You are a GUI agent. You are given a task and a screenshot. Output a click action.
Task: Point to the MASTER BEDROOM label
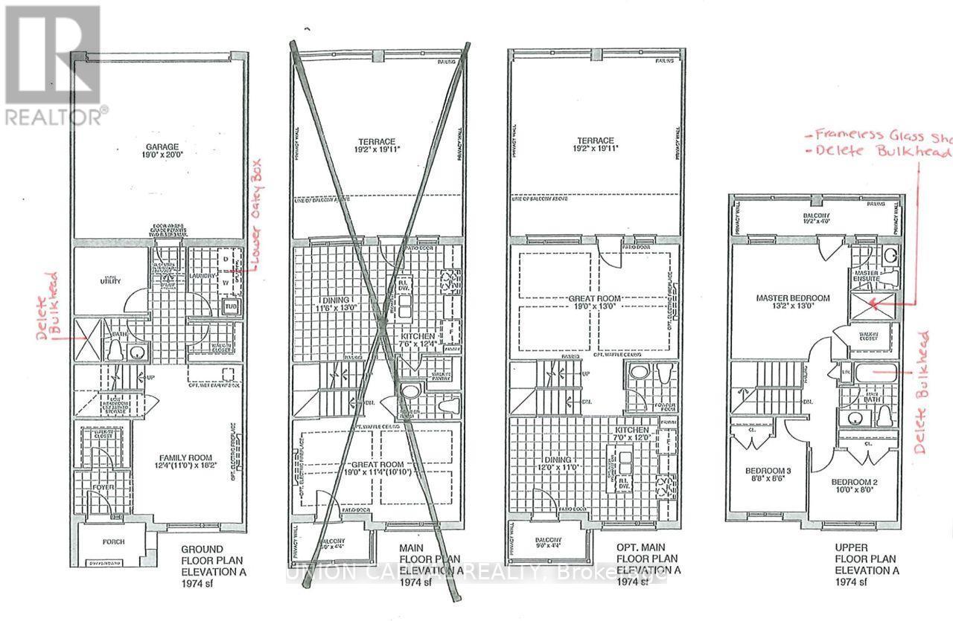[792, 298]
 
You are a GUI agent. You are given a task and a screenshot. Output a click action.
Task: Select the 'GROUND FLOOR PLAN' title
[214, 562]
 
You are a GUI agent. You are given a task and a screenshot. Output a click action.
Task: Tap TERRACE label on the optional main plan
[594, 141]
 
